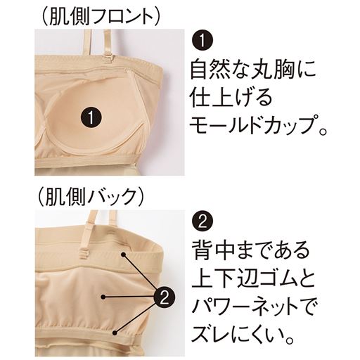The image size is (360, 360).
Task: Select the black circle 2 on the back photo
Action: pos(160,296)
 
